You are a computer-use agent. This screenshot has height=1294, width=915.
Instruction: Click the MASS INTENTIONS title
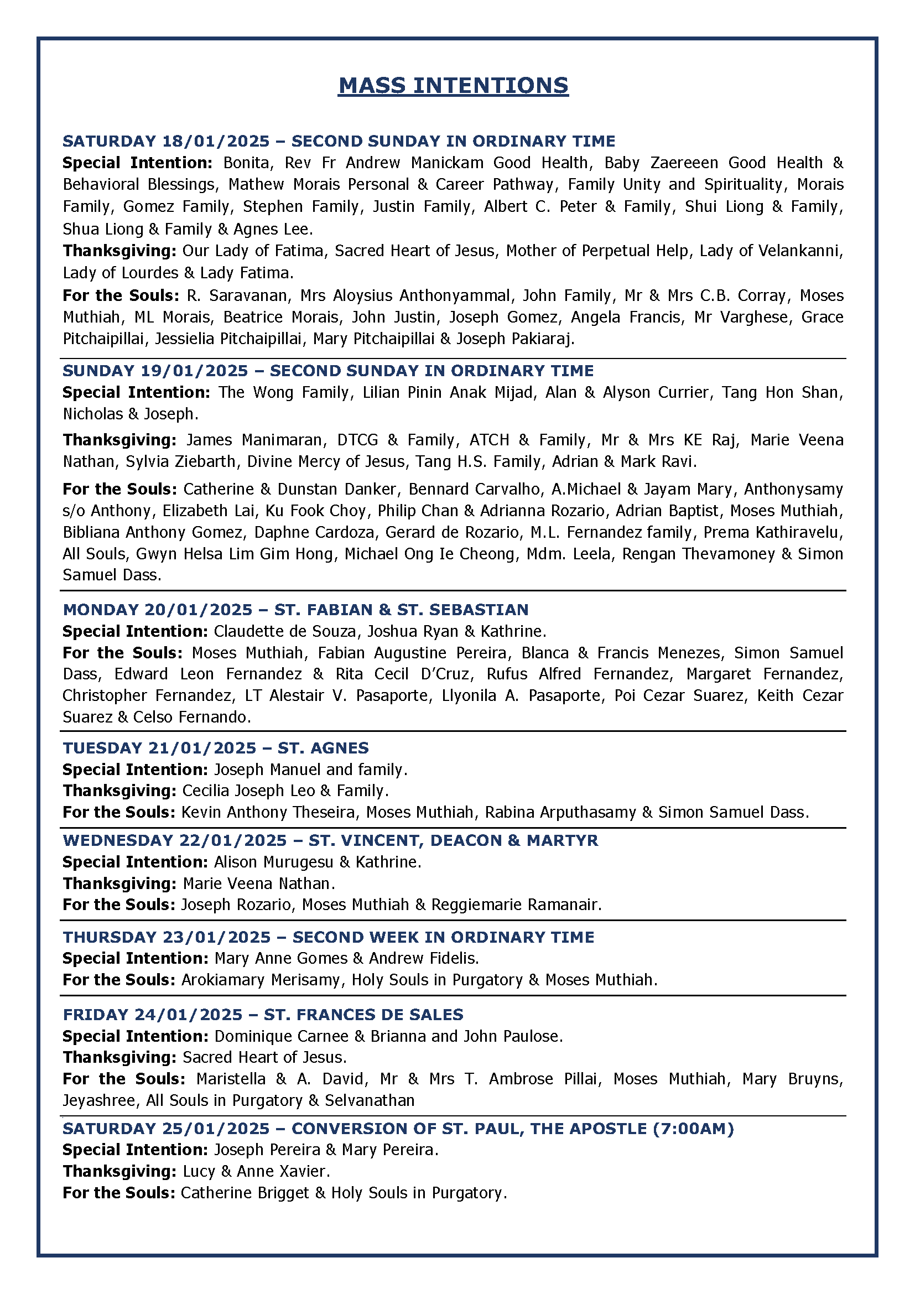[453, 86]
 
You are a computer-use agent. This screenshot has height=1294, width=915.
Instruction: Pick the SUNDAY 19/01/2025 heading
[155, 371]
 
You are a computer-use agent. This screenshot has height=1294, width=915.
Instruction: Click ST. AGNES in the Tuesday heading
[323, 748]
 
